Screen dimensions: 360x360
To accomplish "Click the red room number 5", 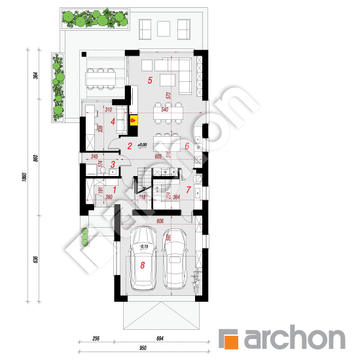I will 150,81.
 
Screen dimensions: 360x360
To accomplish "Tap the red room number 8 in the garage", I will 143,266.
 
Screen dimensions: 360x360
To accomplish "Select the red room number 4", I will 113,121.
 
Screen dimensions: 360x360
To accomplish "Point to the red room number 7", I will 188,190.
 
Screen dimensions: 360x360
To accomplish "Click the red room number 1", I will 96,190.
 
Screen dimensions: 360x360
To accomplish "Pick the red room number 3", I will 113,165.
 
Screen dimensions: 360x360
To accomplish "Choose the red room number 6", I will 187,147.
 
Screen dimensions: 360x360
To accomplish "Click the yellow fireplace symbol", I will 134,120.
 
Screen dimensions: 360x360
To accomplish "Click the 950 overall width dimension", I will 142,349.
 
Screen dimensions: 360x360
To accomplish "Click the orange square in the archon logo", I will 230,340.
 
